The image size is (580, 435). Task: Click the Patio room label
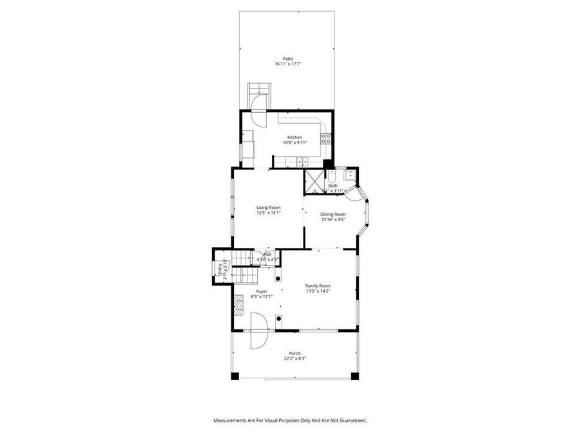[287, 59]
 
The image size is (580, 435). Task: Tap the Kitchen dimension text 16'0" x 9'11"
[295, 142]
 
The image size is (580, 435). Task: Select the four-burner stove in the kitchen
[327, 138]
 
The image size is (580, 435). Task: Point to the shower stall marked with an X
[314, 181]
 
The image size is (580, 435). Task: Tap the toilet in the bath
[332, 177]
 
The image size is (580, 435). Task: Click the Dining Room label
[334, 214]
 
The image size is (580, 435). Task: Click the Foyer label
[262, 291]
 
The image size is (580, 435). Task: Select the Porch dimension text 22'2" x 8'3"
[295, 358]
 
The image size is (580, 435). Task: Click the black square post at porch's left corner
[235, 375]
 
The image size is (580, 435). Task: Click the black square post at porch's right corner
[354, 375]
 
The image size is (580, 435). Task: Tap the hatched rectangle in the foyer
[239, 304]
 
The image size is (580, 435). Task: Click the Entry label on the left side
[219, 269]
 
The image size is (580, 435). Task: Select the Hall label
[267, 254]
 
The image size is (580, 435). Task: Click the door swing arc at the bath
[358, 192]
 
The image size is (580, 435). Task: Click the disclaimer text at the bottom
[290, 420]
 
